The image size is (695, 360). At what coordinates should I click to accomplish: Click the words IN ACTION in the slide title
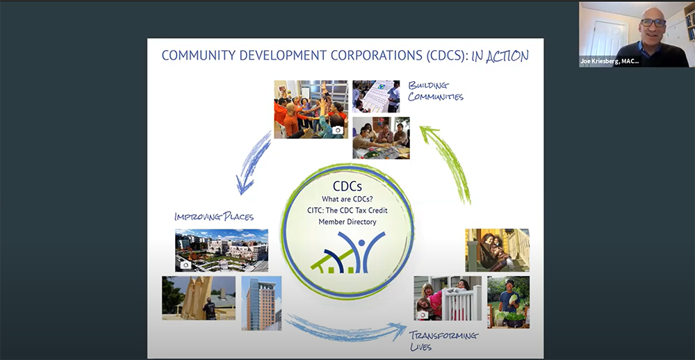coord(500,56)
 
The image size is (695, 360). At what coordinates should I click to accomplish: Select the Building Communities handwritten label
coord(436,91)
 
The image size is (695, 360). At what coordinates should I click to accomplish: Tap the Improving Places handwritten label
coord(214,217)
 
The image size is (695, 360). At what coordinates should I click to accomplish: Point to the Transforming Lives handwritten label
coord(443,341)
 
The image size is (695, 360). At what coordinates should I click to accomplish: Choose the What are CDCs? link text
coord(347,199)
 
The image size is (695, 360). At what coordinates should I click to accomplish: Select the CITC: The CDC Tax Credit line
coord(347,210)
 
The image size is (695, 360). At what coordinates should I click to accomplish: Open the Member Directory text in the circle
coord(347,222)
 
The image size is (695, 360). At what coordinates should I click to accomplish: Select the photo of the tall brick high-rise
coord(261,303)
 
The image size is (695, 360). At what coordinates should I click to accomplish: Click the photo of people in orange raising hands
coord(311,110)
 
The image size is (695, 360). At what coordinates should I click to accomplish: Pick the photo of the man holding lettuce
coord(509,302)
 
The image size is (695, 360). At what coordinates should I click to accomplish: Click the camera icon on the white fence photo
coord(423,315)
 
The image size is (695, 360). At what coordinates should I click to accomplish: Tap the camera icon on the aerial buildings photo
coord(186,265)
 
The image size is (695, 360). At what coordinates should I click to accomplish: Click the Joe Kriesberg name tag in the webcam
coord(610,61)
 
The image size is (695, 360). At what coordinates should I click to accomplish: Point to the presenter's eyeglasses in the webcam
coord(653,23)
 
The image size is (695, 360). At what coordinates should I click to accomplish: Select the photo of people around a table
coord(381,138)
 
